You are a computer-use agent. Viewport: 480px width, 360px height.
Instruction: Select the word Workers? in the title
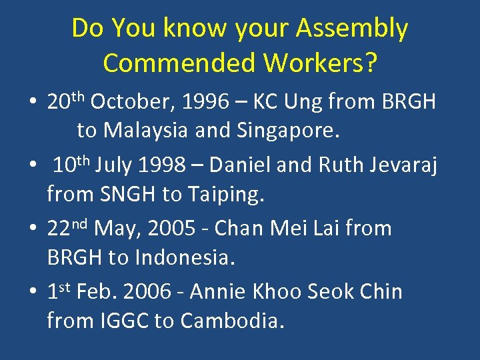[321, 63]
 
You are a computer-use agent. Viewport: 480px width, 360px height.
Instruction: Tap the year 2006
[160, 291]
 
